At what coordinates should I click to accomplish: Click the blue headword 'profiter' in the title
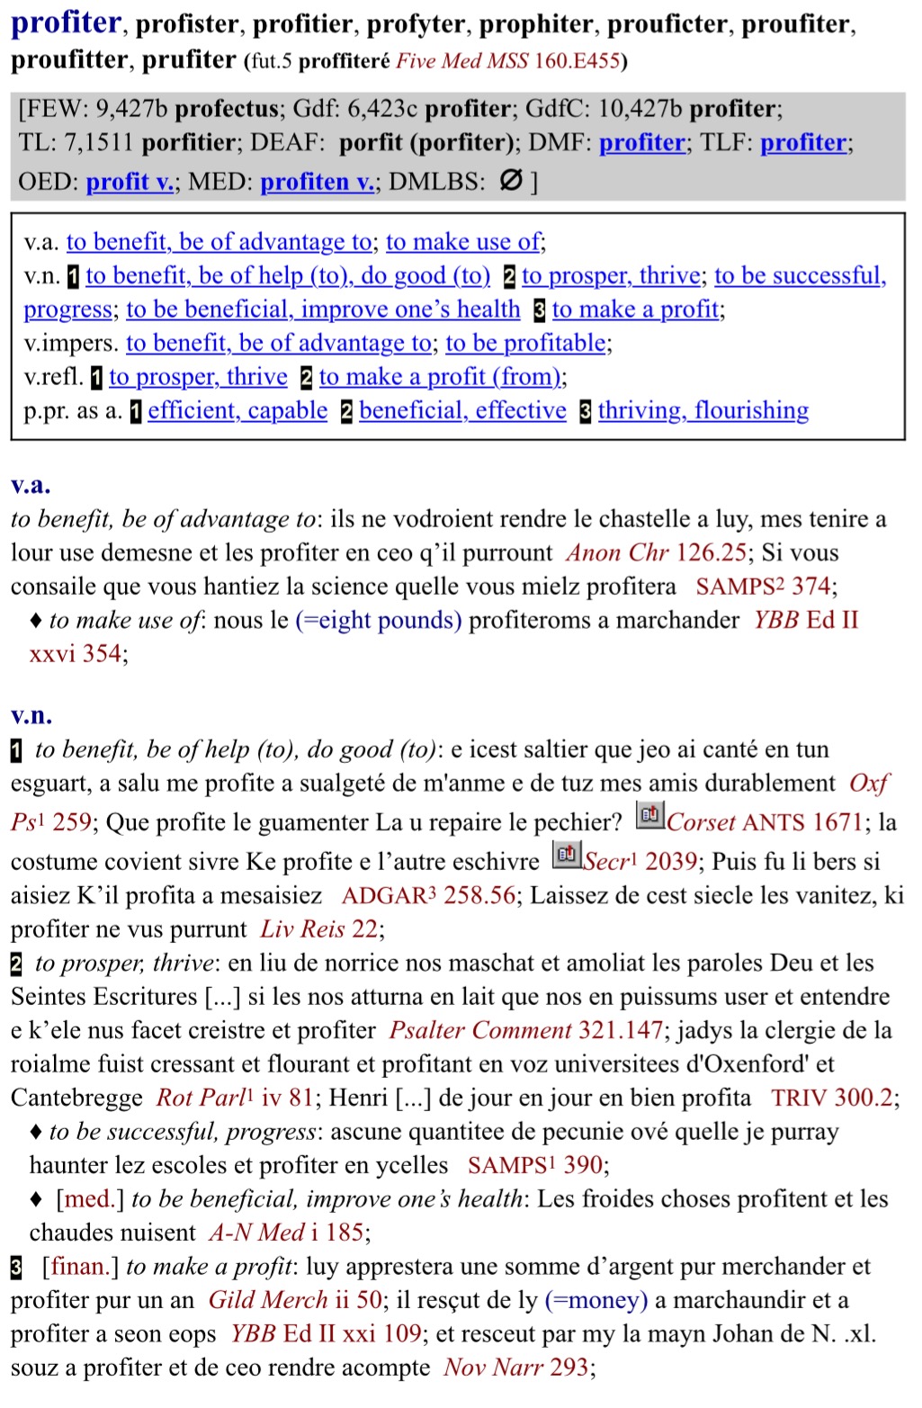coord(66,22)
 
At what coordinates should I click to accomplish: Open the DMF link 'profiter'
coord(642,143)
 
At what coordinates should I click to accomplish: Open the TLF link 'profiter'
coord(803,143)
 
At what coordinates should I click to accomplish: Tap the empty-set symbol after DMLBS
coord(510,181)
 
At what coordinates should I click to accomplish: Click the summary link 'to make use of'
coord(463,242)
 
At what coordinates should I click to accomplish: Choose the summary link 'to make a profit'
coord(636,309)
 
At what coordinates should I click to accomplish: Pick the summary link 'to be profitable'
coord(526,343)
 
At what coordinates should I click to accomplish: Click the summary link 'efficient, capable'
coord(237,411)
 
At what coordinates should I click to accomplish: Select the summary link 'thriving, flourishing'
coord(703,411)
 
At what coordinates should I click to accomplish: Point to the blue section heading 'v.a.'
coord(31,485)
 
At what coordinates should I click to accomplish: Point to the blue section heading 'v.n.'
coord(31,715)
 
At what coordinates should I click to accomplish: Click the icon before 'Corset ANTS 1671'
coord(649,816)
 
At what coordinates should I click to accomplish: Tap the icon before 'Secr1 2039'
coord(566,855)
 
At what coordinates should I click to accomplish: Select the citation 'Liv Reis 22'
coord(319,929)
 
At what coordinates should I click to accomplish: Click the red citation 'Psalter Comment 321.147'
coord(525,1030)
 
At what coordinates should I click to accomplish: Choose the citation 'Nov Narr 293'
coord(516,1368)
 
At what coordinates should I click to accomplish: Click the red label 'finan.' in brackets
coord(80,1267)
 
